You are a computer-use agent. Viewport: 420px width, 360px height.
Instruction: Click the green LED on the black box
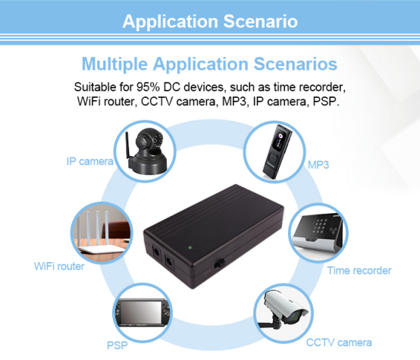(x=190, y=248)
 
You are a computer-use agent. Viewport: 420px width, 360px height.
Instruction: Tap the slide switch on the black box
(x=220, y=263)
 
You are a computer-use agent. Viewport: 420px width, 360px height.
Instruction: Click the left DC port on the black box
(x=156, y=252)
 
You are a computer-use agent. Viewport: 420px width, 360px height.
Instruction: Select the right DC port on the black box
(x=169, y=261)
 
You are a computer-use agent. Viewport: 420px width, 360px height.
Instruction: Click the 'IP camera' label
(x=89, y=161)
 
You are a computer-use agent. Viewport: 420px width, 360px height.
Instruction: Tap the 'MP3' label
(x=318, y=164)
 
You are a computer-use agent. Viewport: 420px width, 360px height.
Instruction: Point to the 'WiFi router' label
(x=59, y=266)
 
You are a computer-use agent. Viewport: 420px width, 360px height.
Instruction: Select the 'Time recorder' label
(x=359, y=271)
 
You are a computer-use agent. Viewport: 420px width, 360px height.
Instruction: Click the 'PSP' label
(x=117, y=346)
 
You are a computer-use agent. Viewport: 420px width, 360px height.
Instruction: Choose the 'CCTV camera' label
(x=339, y=343)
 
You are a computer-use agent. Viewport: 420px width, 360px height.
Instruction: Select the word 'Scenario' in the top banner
(x=260, y=21)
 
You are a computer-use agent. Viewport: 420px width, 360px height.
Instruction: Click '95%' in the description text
(x=148, y=87)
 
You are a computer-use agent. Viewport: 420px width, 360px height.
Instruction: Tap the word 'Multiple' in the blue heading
(x=114, y=64)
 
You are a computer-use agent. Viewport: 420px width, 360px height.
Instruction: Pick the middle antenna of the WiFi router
(x=98, y=228)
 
